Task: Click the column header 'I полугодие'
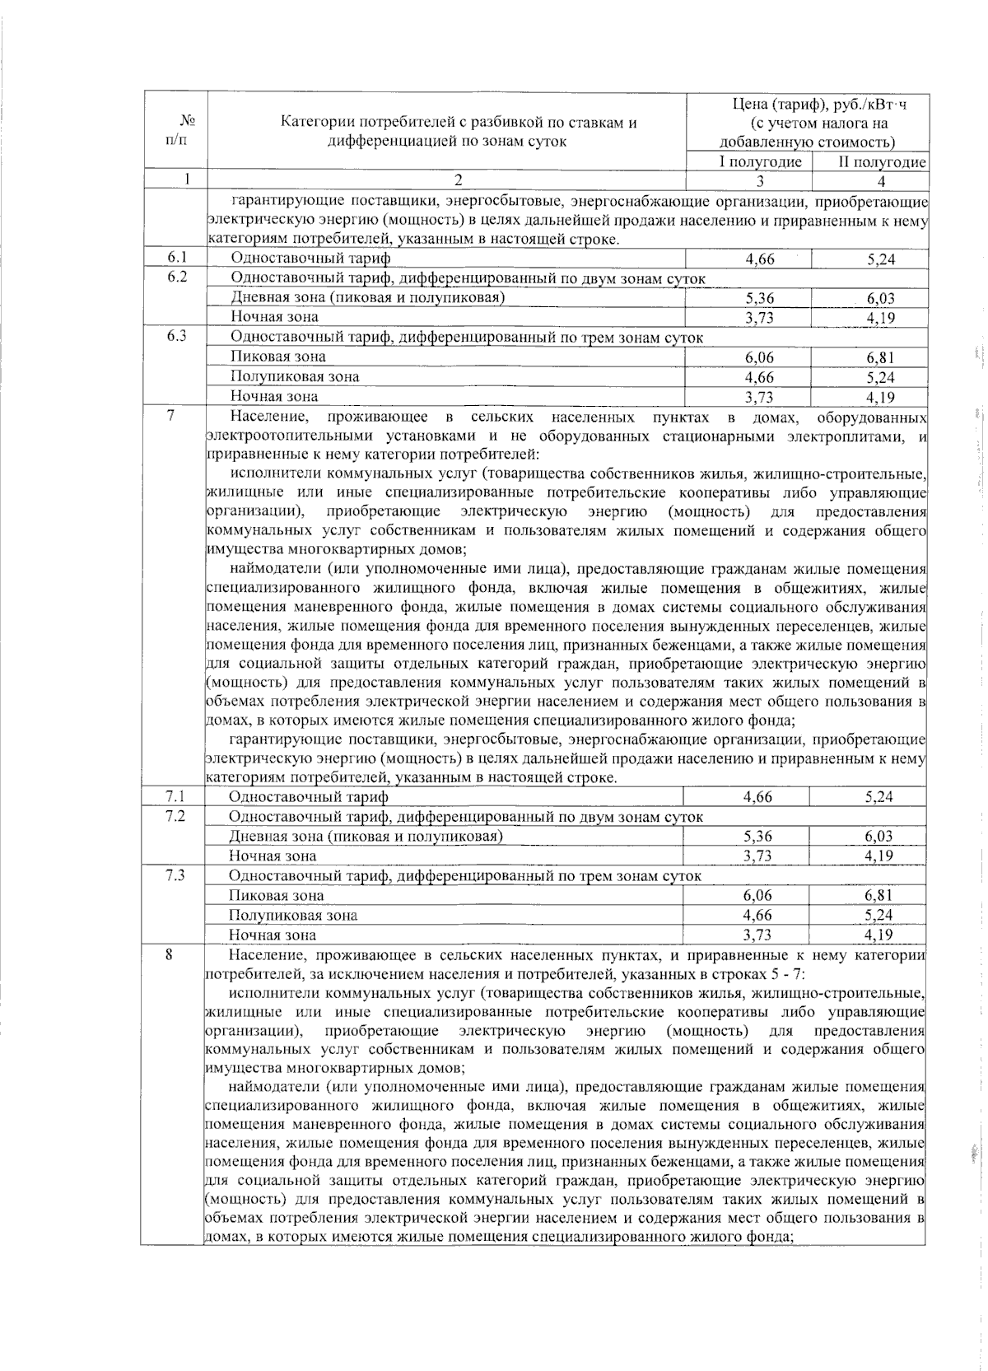tap(760, 161)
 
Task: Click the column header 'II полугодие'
tap(882, 161)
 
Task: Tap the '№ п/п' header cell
tap(175, 130)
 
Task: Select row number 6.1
tap(175, 259)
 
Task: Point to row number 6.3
tap(175, 337)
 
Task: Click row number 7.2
tap(175, 816)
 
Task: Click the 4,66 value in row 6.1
tap(759, 259)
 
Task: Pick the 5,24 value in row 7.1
tap(878, 797)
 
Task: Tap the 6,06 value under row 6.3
tap(759, 358)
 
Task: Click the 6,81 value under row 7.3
tap(878, 896)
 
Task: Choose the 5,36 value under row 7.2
tap(757, 837)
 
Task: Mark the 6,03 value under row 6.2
tap(880, 299)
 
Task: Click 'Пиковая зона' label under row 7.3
tap(277, 896)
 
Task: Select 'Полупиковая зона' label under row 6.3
tap(295, 377)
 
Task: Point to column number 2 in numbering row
tap(459, 180)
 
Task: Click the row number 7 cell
tap(170, 416)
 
